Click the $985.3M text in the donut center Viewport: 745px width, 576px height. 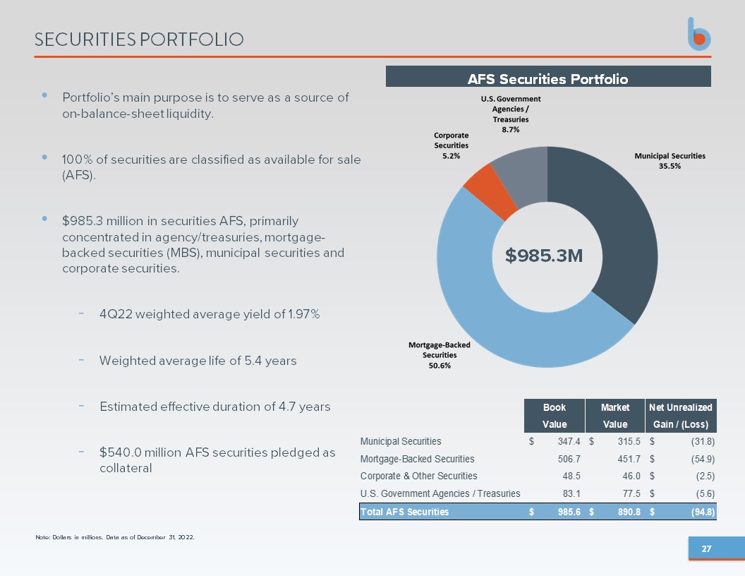point(543,256)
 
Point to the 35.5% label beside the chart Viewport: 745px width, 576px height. point(670,166)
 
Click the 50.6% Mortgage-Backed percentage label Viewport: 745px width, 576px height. point(440,366)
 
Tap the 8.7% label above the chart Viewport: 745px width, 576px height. point(511,129)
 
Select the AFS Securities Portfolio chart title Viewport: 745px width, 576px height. point(548,79)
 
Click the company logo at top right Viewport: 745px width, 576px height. point(699,34)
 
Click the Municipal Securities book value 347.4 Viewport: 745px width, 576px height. point(569,441)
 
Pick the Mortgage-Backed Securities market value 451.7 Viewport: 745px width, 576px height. point(629,459)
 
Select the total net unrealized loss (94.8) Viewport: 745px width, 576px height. point(703,512)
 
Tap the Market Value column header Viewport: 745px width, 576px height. point(614,416)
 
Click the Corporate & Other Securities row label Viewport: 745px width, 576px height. point(418,476)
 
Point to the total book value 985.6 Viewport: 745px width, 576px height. point(569,512)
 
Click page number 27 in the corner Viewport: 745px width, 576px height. point(706,549)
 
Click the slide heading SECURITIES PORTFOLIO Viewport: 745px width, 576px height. point(139,40)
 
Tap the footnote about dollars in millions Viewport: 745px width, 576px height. point(115,537)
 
